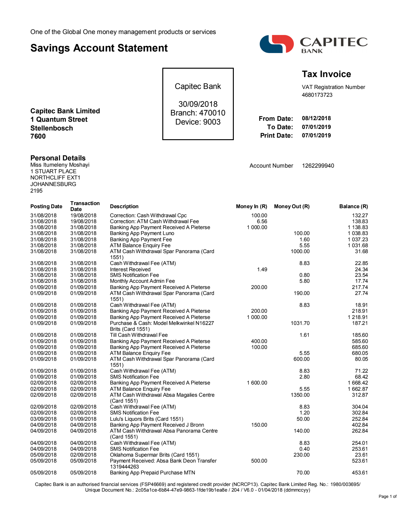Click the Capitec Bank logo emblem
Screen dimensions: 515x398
click(x=277, y=44)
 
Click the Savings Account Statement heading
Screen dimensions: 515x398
click(x=99, y=48)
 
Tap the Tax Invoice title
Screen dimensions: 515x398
click(x=326, y=74)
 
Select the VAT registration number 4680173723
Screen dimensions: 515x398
click(x=317, y=95)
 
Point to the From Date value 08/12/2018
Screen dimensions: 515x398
click(x=316, y=118)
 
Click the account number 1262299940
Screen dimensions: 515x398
click(x=318, y=166)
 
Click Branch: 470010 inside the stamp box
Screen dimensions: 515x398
click(x=198, y=113)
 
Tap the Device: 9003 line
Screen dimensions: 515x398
click(x=198, y=122)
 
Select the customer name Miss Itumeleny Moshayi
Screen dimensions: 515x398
click(x=60, y=165)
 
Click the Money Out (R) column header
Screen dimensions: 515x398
click(x=292, y=206)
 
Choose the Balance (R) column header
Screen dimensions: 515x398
click(x=353, y=206)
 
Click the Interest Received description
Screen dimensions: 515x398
click(x=130, y=269)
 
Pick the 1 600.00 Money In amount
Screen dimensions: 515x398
click(x=257, y=383)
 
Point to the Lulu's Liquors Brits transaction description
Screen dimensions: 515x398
click(x=146, y=419)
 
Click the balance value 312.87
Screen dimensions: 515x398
click(x=360, y=395)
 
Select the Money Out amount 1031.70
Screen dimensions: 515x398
click(x=300, y=323)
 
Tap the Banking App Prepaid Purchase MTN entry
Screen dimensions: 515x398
click(x=152, y=473)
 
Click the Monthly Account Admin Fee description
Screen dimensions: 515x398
click(x=142, y=281)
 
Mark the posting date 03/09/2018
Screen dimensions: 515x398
click(x=43, y=419)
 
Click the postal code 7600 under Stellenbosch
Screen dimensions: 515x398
click(x=38, y=136)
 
